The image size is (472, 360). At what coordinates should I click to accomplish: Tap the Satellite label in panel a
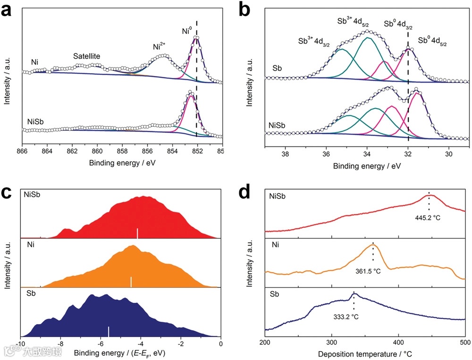pyautogui.click(x=88, y=56)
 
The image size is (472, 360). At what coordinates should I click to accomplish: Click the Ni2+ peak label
pyautogui.click(x=159, y=47)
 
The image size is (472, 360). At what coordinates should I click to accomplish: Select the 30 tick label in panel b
pyautogui.click(x=449, y=154)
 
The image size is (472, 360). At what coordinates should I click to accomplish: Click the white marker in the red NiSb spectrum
pyautogui.click(x=137, y=233)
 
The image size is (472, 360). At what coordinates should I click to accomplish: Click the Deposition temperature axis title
pyautogui.click(x=365, y=353)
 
